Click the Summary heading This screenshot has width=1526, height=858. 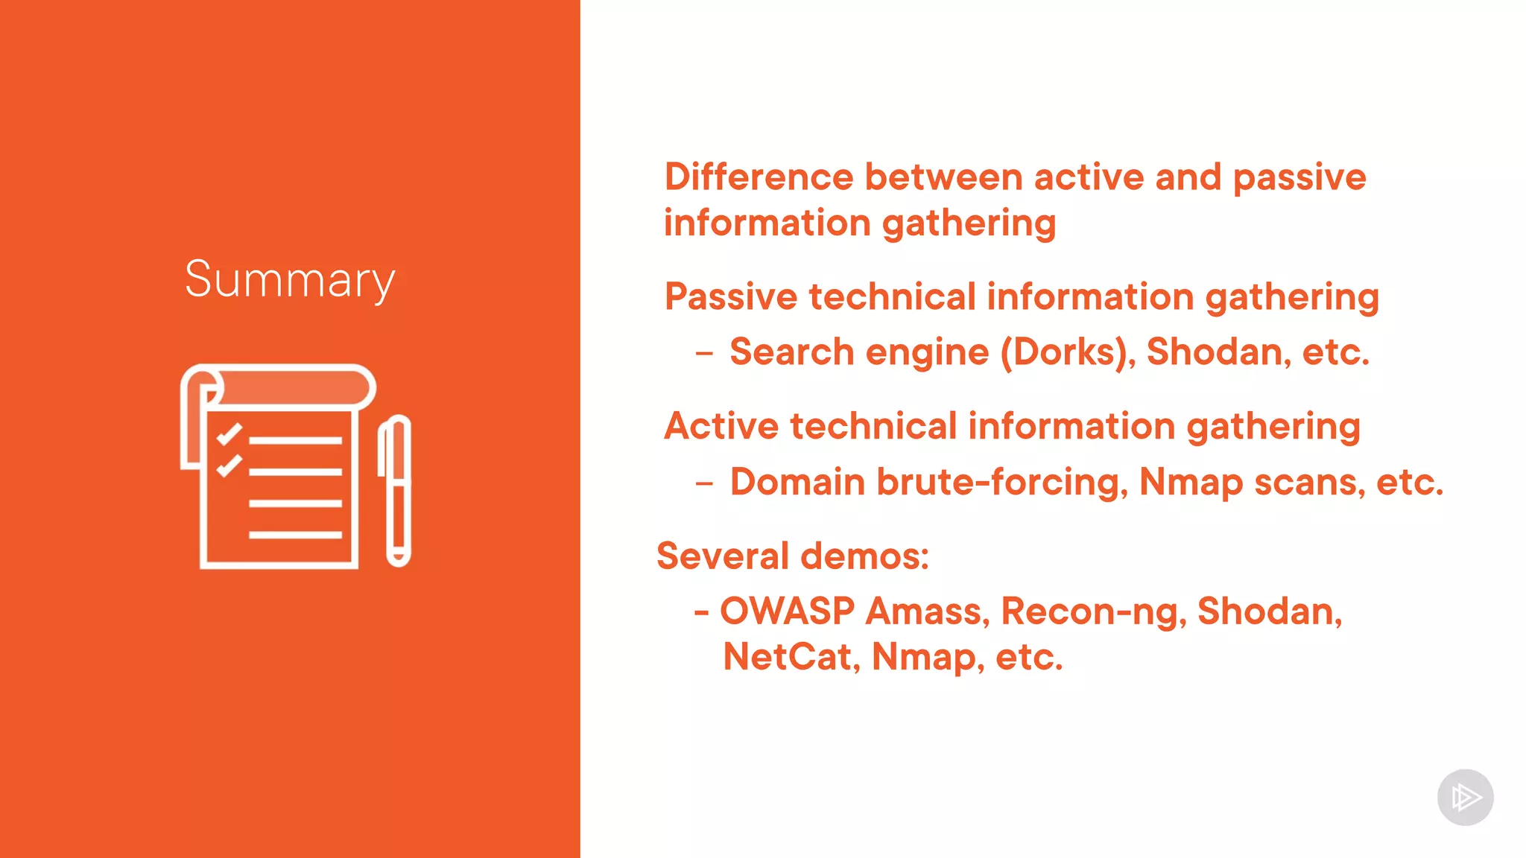coord(290,280)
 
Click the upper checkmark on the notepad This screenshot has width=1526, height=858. coord(229,433)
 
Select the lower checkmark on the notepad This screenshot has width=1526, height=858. coord(229,465)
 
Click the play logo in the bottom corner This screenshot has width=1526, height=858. coord(1465,798)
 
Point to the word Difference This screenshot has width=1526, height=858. coord(759,177)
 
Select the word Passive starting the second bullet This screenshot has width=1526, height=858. coord(731,296)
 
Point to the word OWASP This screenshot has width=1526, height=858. coord(787,611)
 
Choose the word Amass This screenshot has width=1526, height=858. coord(928,611)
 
